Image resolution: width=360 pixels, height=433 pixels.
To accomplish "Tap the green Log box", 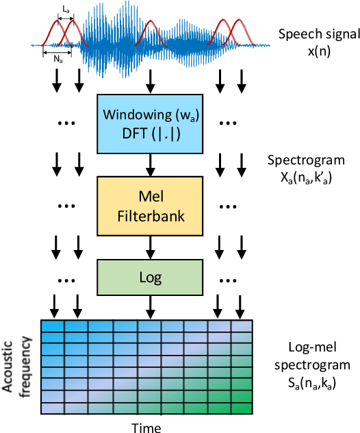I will point(149,277).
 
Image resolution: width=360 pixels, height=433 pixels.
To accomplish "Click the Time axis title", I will point(147,426).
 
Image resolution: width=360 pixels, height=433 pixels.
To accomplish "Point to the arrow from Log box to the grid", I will point(149,307).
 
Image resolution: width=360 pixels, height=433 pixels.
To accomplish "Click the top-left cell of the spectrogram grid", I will point(53,326).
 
